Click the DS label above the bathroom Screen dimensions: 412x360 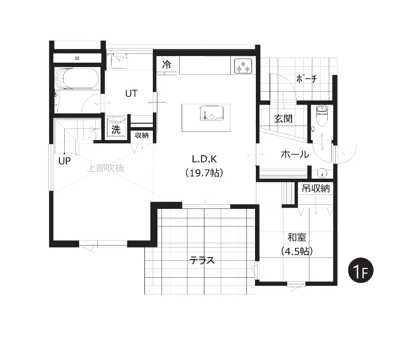77,58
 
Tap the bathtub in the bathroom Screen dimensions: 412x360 77,79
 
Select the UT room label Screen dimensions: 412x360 131,93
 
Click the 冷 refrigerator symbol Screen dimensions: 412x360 166,64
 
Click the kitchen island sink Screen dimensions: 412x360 212,113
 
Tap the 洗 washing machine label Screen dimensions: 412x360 116,129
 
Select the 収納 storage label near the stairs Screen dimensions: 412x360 142,136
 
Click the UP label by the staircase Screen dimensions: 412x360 64,161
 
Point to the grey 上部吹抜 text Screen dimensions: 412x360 105,168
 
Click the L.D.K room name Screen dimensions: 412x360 204,159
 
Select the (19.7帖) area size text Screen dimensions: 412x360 204,173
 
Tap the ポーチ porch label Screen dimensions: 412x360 307,79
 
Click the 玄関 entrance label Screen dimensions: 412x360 283,119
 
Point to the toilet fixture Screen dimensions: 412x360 322,115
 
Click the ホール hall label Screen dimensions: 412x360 295,154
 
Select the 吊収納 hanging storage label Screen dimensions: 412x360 316,188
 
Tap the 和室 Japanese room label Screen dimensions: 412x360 297,237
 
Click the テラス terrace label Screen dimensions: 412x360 202,260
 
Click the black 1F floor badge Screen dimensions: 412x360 360,270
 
